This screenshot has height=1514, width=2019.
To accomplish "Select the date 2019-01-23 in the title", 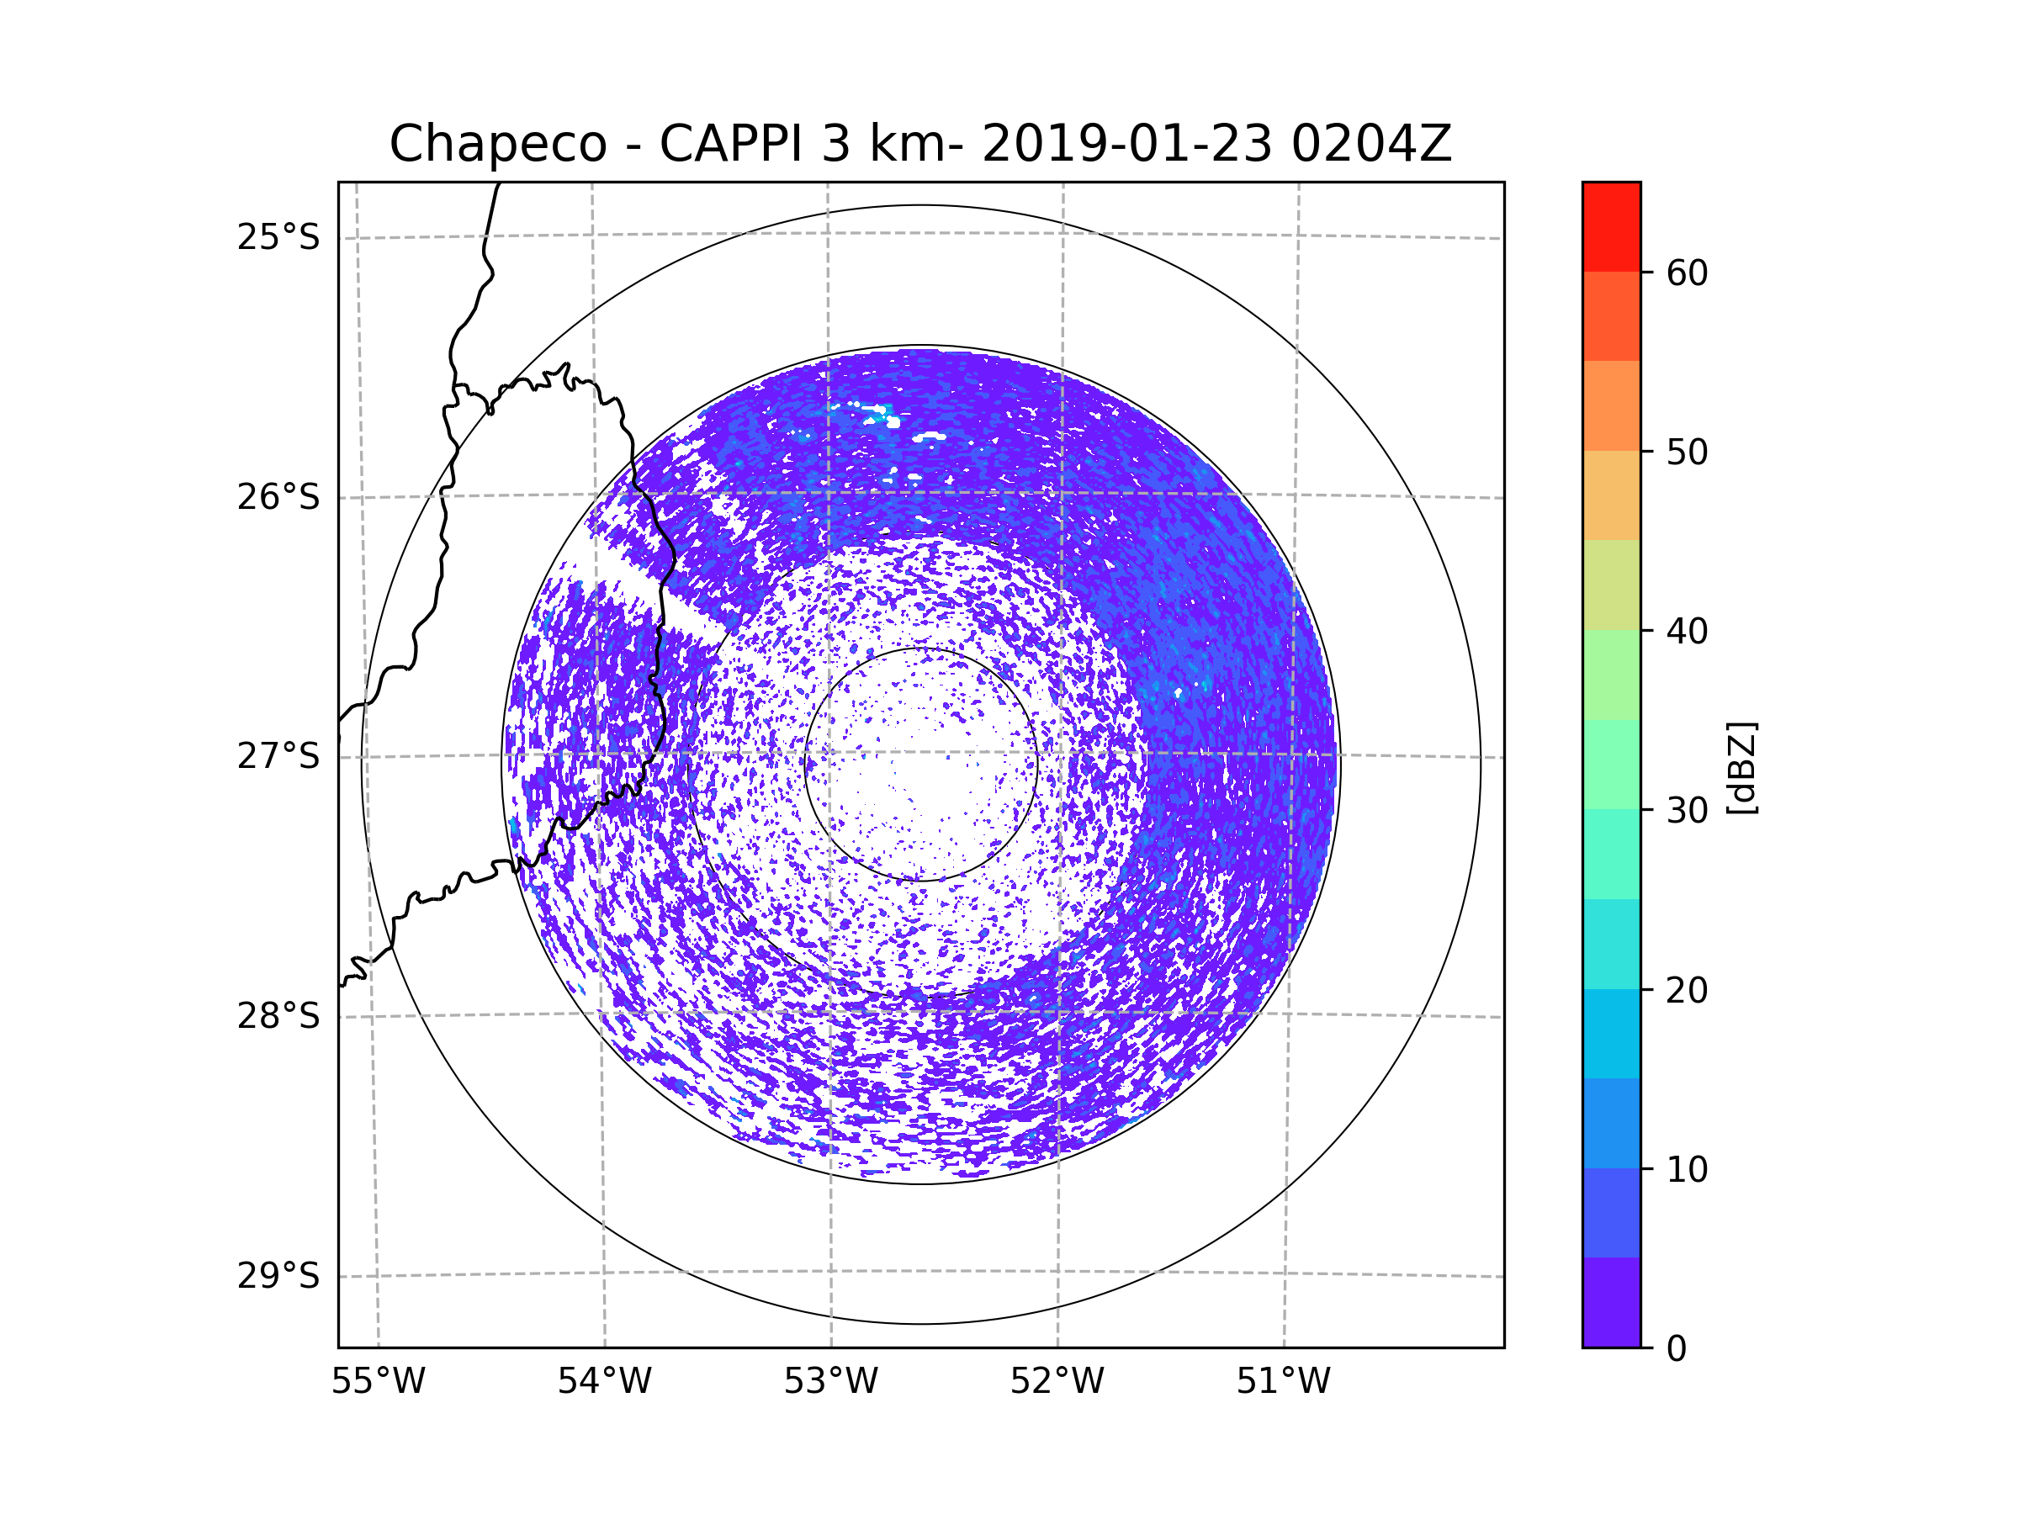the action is point(1126,144).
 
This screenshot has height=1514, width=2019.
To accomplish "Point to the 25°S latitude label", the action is point(278,237).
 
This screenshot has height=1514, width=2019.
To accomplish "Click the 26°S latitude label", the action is point(278,497).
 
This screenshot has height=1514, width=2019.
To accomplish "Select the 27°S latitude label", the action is point(278,756).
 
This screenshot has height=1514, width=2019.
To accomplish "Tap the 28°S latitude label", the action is point(278,1016).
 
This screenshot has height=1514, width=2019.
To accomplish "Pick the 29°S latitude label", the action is point(278,1276).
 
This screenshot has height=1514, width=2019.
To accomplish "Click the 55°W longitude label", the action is point(378,1382).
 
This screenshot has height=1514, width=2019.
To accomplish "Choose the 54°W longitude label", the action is point(604,1382).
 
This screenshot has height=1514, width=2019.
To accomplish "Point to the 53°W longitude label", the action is point(830,1382).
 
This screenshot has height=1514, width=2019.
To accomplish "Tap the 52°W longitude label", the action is point(1057,1382).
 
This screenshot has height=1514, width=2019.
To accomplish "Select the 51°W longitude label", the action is point(1283,1382).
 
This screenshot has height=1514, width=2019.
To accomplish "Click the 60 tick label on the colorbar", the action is point(1687,273).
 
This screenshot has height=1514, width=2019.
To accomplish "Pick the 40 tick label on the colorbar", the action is point(1687,632).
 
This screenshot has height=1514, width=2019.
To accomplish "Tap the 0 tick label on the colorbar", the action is point(1677,1349).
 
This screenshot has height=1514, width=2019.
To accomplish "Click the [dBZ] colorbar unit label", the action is point(1741,767).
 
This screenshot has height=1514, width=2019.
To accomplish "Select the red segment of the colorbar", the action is point(1611,226).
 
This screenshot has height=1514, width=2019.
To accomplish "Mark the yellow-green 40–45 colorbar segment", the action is point(1611,585).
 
